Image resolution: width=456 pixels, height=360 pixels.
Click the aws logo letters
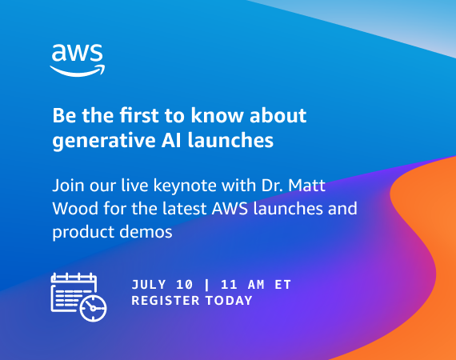[77, 53]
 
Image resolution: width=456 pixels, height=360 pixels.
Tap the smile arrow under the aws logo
[78, 72]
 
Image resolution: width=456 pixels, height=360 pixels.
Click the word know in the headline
[217, 115]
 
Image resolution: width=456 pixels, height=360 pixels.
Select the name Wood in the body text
[75, 208]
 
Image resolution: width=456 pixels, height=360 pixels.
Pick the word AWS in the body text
[230, 208]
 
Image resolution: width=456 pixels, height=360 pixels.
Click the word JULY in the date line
[149, 284]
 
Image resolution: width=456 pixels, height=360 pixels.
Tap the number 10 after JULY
[184, 284]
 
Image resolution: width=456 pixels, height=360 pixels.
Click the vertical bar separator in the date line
[206, 284]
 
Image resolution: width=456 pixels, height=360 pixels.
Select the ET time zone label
[282, 284]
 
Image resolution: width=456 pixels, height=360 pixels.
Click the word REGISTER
[166, 300]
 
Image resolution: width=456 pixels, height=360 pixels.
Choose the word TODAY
[229, 300]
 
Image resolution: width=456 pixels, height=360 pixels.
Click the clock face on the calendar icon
[93, 309]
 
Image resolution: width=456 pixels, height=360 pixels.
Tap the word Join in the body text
[68, 186]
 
